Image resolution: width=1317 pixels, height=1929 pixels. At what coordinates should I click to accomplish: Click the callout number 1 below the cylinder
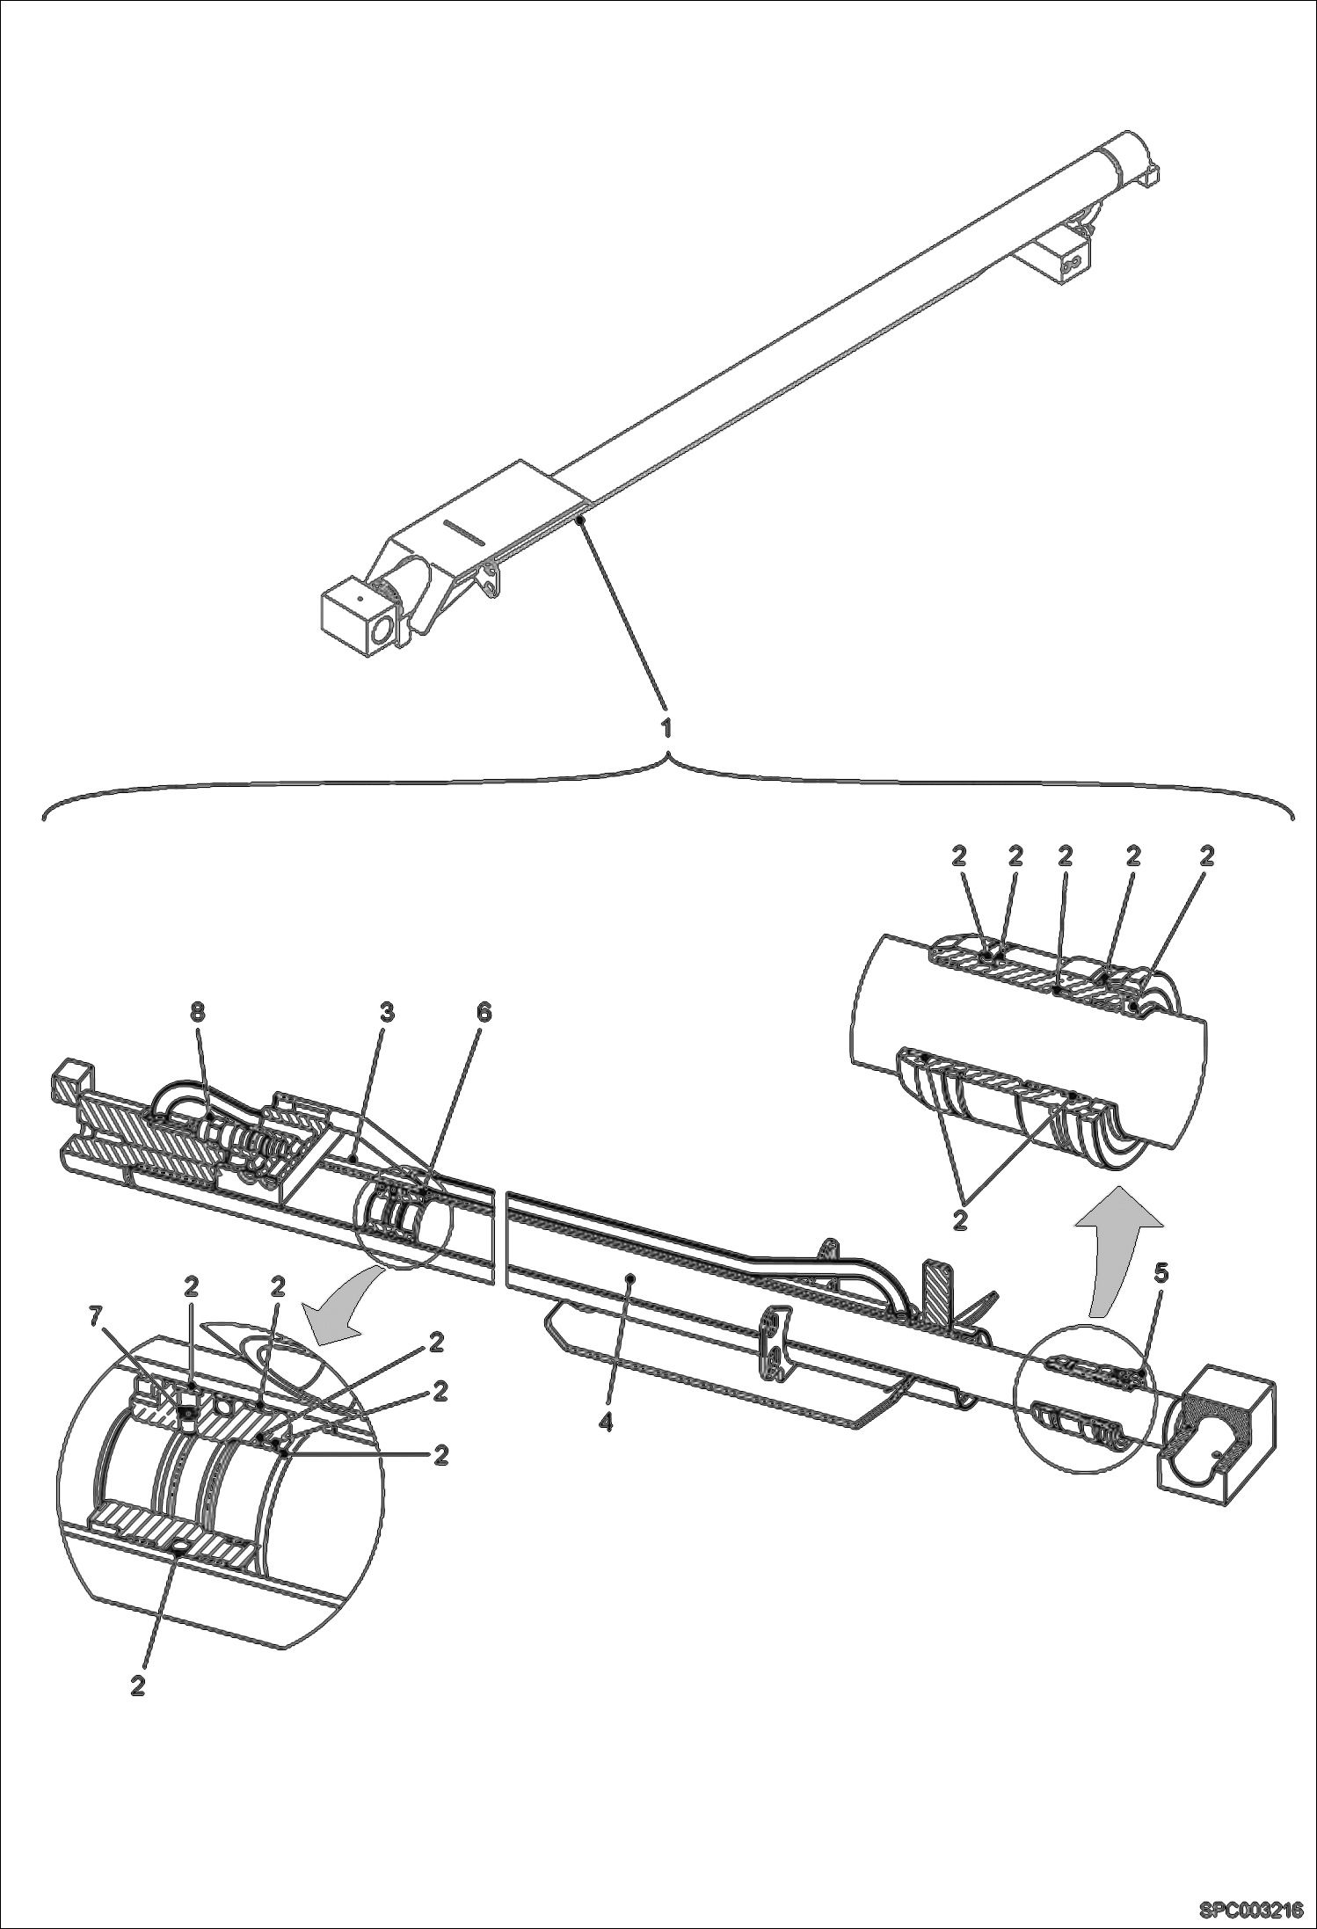click(x=666, y=727)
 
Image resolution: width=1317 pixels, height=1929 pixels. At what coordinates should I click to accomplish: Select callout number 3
click(x=385, y=1012)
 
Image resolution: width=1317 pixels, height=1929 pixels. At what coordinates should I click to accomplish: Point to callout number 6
click(x=483, y=1012)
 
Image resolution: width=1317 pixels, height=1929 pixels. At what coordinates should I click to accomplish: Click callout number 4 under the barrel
click(x=605, y=1422)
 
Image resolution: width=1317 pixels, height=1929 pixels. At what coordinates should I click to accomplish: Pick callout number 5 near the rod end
click(x=1161, y=1273)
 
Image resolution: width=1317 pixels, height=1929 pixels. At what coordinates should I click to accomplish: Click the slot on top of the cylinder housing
click(x=463, y=529)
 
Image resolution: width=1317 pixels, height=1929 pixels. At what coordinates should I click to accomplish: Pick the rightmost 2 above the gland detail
click(x=1207, y=855)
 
